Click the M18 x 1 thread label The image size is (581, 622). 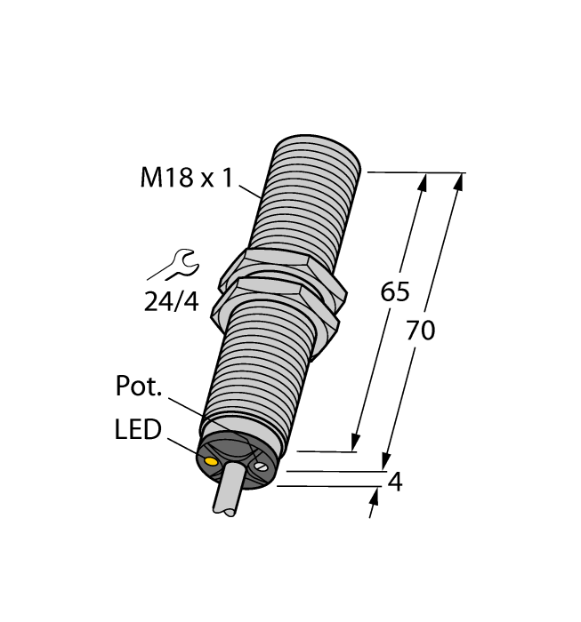[186, 179]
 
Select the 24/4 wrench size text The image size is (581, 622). [171, 302]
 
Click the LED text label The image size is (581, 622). [138, 431]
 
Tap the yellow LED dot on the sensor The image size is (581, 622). [212, 463]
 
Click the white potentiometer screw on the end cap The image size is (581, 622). [261, 466]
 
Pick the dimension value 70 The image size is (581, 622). [420, 331]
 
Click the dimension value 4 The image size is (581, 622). [397, 482]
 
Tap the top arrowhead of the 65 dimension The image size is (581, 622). [423, 180]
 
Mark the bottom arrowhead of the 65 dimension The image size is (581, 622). [356, 443]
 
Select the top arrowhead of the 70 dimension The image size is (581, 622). [460, 180]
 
